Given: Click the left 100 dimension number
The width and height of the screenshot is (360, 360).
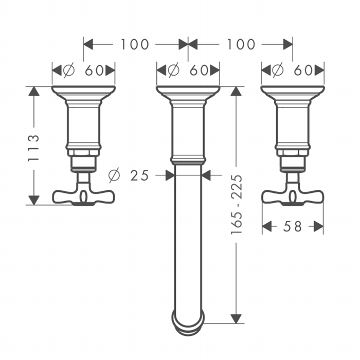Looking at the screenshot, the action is coord(135,44).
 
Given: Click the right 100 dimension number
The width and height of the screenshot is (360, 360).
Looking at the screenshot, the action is coord(241,44).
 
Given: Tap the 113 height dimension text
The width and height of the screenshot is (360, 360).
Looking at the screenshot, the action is coord(33,148).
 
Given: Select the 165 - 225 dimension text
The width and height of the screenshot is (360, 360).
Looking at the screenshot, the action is coord(237,205).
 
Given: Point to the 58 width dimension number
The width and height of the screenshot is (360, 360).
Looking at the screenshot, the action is coord(292,227).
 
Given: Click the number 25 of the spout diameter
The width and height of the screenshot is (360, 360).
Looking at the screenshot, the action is coord(139,176).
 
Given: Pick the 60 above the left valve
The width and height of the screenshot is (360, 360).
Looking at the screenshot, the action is coord(94,70).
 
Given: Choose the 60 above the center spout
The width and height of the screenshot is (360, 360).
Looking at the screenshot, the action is coord(199,70).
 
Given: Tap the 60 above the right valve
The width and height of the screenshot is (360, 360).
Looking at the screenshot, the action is coord(303,70).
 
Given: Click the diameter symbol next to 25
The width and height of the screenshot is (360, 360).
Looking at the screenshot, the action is coord(114,175).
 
